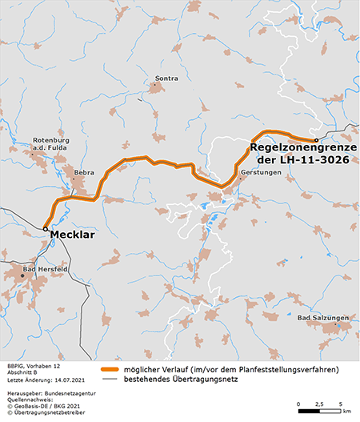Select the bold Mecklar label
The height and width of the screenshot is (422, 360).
tap(76, 236)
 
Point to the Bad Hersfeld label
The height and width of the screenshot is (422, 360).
tap(42, 270)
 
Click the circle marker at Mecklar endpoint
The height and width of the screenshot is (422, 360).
tap(45, 229)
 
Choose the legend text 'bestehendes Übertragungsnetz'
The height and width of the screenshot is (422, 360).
tap(189, 380)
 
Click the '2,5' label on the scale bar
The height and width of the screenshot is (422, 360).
tap(321, 403)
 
